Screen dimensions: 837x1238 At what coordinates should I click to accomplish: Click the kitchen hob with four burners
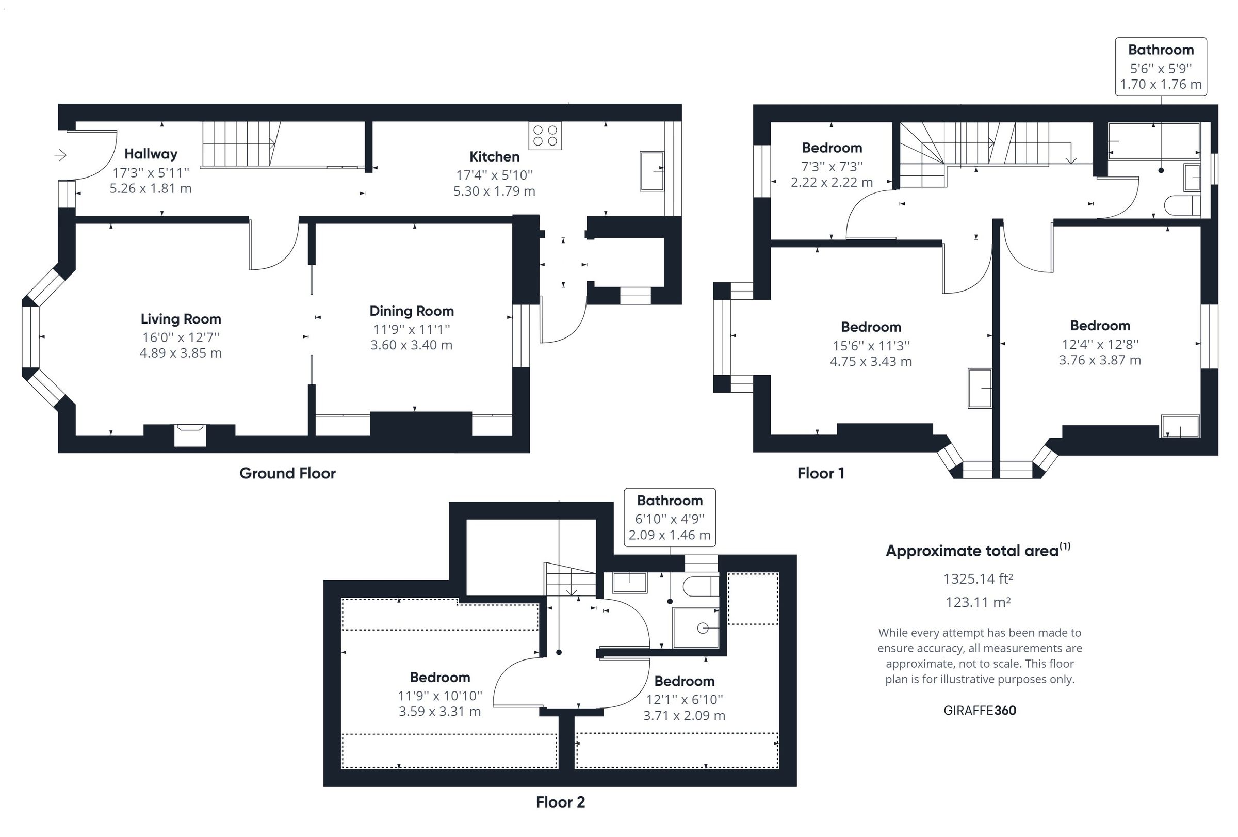tap(545, 135)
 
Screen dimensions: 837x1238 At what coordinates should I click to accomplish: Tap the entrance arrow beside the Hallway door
tap(60, 155)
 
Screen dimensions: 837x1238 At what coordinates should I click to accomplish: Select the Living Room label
tap(181, 318)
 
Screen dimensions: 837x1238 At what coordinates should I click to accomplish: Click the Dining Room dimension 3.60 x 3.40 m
tap(411, 345)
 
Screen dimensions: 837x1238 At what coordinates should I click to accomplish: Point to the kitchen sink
tap(651, 170)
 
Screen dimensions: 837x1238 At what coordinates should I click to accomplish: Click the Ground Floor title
tap(287, 473)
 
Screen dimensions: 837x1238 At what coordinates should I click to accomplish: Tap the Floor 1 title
tap(820, 473)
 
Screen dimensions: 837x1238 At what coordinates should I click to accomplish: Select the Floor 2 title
tap(560, 802)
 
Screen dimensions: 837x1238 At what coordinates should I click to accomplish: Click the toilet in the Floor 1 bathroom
tap(1182, 205)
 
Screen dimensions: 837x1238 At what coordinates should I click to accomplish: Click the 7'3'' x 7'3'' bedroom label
tap(832, 148)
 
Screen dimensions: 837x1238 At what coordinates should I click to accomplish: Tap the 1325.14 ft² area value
tap(978, 578)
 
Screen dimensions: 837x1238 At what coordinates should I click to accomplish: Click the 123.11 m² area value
tap(978, 602)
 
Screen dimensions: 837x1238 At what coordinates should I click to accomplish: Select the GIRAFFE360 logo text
tap(980, 710)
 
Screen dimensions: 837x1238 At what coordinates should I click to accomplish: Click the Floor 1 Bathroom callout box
tap(1161, 67)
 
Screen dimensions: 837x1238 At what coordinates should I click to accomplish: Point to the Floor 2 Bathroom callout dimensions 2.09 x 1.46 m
tap(670, 535)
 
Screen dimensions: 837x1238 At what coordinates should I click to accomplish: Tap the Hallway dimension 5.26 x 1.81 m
tap(151, 188)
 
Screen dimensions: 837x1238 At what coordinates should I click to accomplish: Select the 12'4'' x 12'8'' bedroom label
tap(1100, 326)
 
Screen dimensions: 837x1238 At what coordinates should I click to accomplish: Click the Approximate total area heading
tap(973, 551)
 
